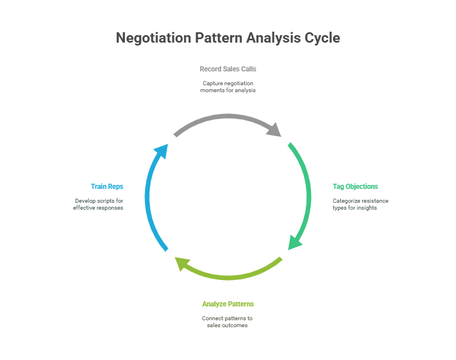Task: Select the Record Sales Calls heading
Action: pos(228,69)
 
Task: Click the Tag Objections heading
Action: pos(355,187)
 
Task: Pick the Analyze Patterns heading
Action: pos(228,304)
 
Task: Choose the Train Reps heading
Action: pos(107,187)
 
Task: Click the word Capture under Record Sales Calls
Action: pos(213,83)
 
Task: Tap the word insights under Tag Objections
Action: pos(366,208)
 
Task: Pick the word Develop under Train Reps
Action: pos(86,201)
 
